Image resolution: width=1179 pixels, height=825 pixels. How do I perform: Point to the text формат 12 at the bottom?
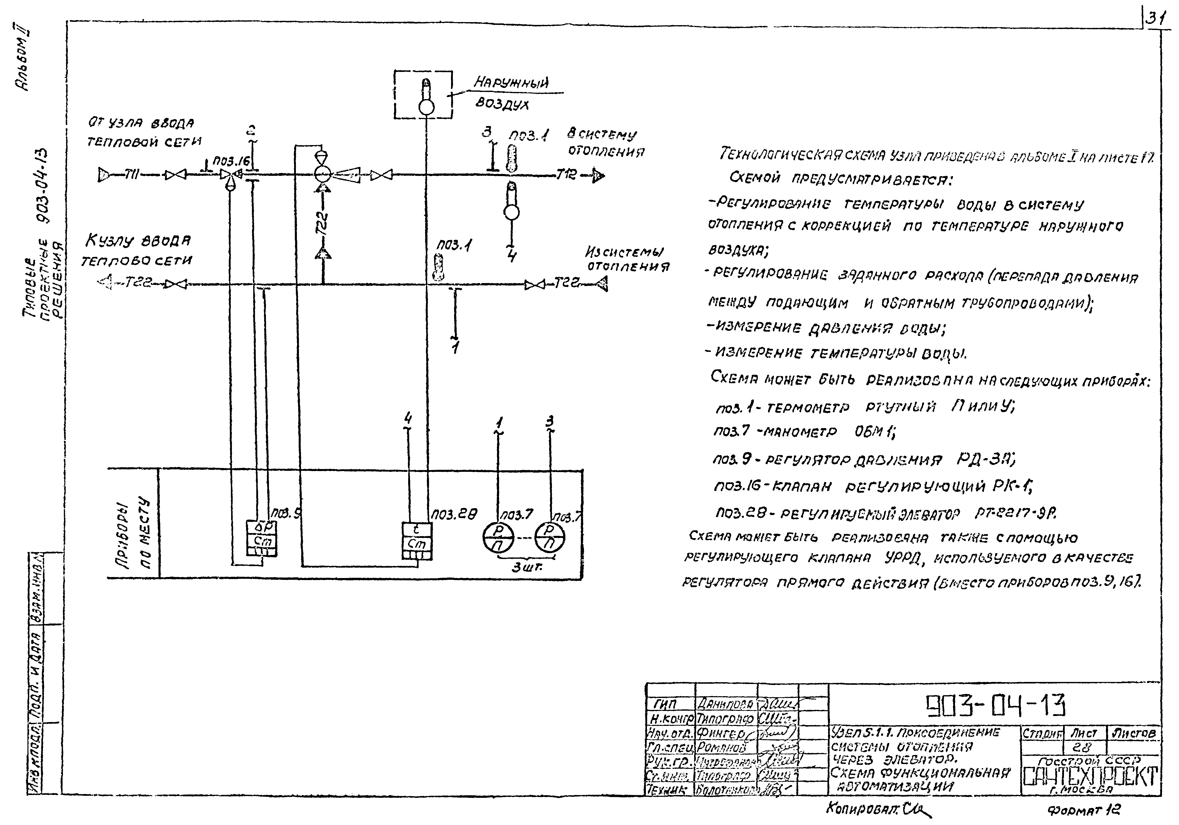pos(1084,810)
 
